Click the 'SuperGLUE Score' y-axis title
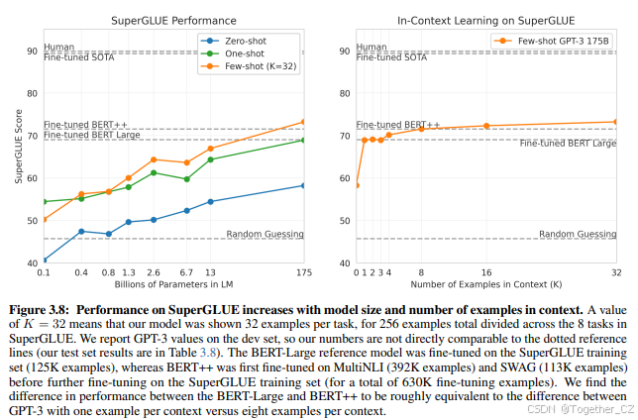click(17, 149)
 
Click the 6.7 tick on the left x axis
click(186, 271)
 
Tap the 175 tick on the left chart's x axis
click(303, 271)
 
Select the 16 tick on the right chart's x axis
click(486, 271)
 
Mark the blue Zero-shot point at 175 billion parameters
click(303, 185)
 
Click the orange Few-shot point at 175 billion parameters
click(303, 122)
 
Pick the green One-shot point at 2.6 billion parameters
click(154, 172)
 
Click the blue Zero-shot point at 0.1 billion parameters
click(44, 261)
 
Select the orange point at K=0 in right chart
click(357, 185)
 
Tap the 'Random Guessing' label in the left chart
click(264, 234)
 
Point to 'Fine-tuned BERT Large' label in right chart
click(568, 144)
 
